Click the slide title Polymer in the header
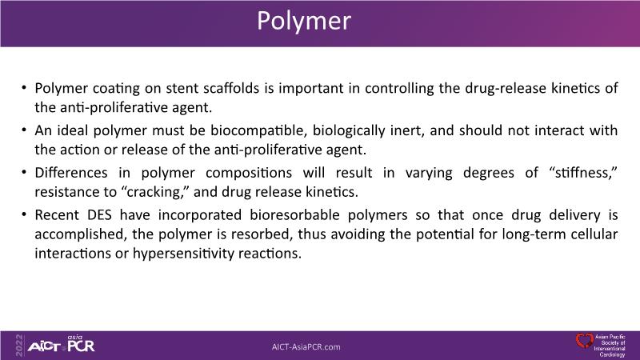click(x=304, y=21)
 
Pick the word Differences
click(x=71, y=173)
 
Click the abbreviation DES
click(x=99, y=215)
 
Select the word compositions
click(x=249, y=173)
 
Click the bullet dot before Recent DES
click(x=24, y=214)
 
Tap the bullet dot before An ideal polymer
click(x=24, y=130)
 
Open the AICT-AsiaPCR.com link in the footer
click(x=306, y=347)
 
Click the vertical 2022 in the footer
click(x=18, y=346)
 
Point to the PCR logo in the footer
click(x=81, y=344)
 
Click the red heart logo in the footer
click(x=585, y=341)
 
